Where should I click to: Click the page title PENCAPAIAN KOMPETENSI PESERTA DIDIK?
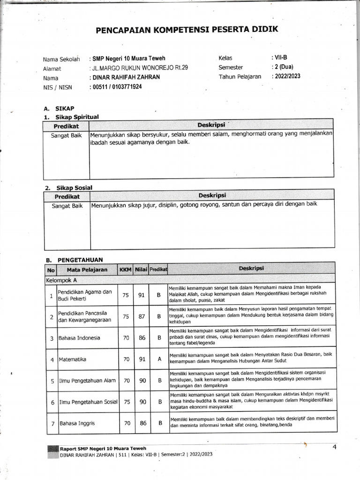pyautogui.click(x=187, y=30)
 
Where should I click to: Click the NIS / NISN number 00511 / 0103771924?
pyautogui.click(x=117, y=87)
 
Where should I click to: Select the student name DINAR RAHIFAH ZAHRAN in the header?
pyautogui.click(x=126, y=77)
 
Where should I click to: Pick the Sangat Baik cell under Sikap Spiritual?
pyautogui.click(x=66, y=136)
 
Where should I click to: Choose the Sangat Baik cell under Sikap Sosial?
pyautogui.click(x=67, y=205)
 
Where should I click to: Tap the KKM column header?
pyautogui.click(x=126, y=270)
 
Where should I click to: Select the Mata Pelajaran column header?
pyautogui.click(x=87, y=270)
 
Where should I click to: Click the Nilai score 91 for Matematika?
pyautogui.click(x=142, y=360)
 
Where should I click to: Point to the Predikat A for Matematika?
pyautogui.click(x=159, y=360)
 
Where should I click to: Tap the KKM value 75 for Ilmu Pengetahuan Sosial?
pyautogui.click(x=126, y=402)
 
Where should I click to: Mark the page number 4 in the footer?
pyautogui.click(x=335, y=447)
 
